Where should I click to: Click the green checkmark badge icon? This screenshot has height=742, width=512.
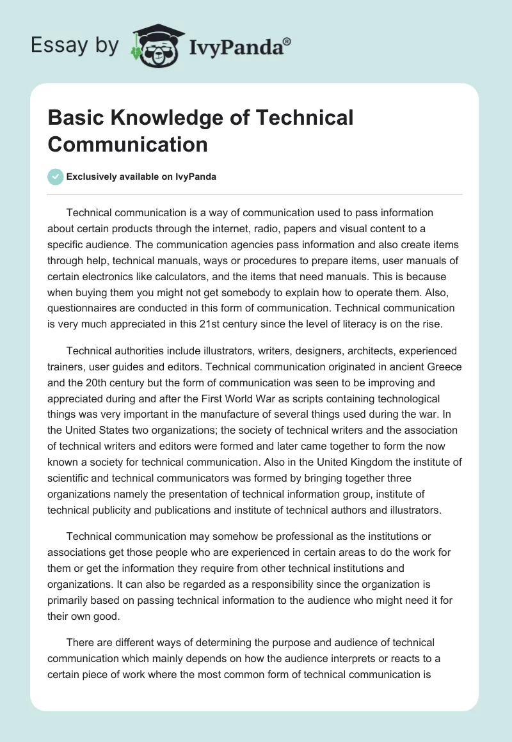(x=56, y=177)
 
